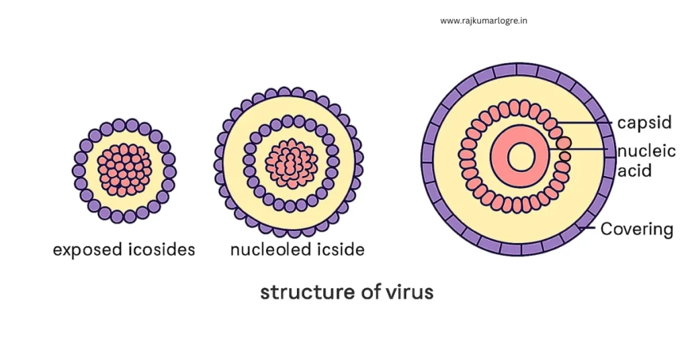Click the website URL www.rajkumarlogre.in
click(x=484, y=21)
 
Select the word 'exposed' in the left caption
click(x=87, y=250)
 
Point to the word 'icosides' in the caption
click(x=161, y=249)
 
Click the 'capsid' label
click(x=644, y=123)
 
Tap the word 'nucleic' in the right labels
click(x=646, y=151)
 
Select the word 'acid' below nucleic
click(x=634, y=170)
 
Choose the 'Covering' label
click(x=637, y=229)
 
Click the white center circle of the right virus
click(x=521, y=156)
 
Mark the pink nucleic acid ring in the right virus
click(x=521, y=156)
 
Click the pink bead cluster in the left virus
click(x=124, y=169)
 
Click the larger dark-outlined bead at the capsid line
click(x=564, y=142)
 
